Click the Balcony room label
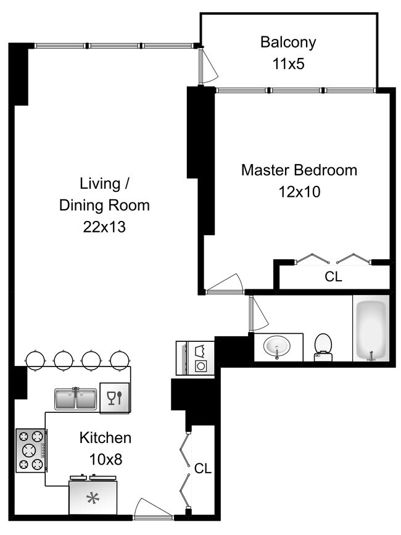click(288, 43)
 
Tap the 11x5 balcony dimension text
click(289, 64)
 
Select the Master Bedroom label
click(299, 170)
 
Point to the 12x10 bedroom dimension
click(299, 192)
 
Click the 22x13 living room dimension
click(104, 227)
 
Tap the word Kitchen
click(105, 438)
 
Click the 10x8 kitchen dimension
click(105, 460)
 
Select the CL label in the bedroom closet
click(333, 276)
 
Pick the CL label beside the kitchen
click(203, 468)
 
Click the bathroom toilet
click(323, 347)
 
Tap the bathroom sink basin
click(277, 347)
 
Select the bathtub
click(371, 328)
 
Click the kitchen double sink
click(76, 399)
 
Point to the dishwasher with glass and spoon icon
click(115, 398)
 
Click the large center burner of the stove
click(30, 450)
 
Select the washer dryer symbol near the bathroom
click(196, 358)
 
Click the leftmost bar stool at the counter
click(35, 360)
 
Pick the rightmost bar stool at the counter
click(120, 360)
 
